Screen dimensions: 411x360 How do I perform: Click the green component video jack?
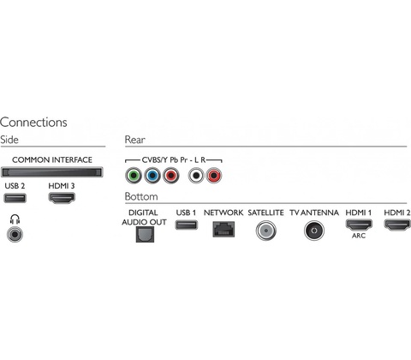[134, 176]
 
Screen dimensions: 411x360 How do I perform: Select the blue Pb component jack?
[152, 176]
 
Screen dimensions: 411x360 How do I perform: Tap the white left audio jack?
[196, 176]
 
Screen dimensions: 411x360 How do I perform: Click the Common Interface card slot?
[52, 172]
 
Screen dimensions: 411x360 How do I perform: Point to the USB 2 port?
[15, 198]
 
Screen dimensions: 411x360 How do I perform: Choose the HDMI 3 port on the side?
[62, 198]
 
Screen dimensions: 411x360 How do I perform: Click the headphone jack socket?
[15, 234]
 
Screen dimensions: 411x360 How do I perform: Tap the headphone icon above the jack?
[15, 219]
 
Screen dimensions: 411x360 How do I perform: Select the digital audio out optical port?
[145, 234]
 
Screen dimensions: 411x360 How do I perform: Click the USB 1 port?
[187, 225]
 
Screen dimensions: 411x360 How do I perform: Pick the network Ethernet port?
[223, 229]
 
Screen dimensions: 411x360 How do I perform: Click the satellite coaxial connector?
[265, 231]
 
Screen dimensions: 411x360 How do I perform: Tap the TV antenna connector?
[314, 231]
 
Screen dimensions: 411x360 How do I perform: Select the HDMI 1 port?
[359, 225]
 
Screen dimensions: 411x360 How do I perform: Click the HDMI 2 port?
[397, 225]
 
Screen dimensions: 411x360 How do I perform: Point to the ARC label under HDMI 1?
[359, 236]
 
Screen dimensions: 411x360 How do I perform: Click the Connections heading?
[33, 123]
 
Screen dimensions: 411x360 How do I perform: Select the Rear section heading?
[135, 140]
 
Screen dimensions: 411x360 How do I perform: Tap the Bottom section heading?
[141, 196]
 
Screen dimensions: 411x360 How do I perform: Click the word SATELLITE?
[265, 213]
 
